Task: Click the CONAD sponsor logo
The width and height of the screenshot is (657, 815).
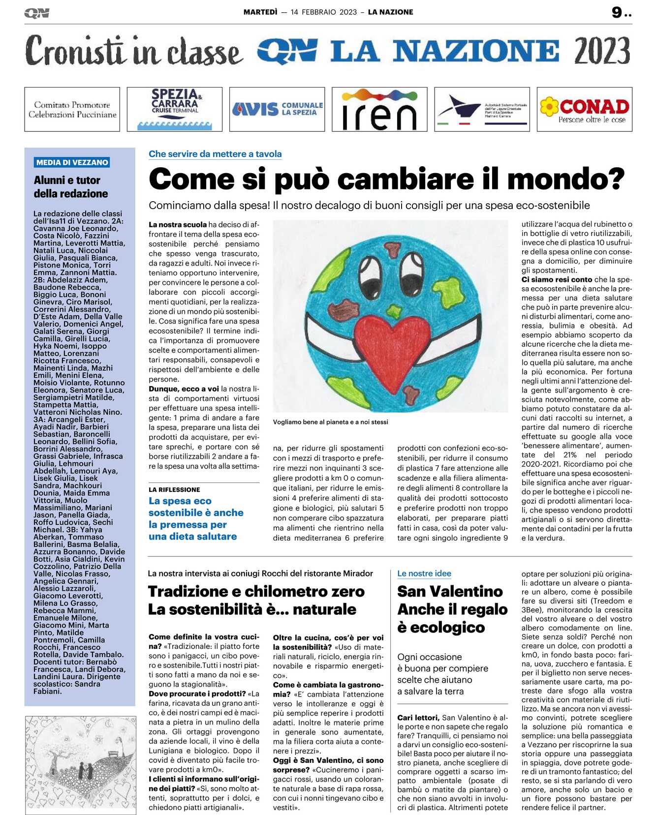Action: coord(584,109)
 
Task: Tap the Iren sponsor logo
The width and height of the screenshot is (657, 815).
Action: coord(379,109)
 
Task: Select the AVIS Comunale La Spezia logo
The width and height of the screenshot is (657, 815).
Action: coord(277,109)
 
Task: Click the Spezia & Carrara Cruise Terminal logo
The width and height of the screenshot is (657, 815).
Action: coord(175,109)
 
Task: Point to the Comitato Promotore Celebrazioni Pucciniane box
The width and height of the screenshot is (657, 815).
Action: coord(72,109)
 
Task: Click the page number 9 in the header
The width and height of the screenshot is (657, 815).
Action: coord(617,12)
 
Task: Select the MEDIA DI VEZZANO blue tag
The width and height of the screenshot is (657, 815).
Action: coord(72,162)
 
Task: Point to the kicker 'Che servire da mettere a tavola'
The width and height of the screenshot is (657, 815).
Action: coord(215,154)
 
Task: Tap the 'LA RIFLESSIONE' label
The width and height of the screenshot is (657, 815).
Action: coord(174,490)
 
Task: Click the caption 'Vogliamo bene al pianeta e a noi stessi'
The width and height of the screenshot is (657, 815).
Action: coord(330,422)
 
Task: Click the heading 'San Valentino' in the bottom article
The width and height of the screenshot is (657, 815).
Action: coord(450,591)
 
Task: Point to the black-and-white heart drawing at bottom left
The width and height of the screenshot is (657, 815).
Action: coord(80,765)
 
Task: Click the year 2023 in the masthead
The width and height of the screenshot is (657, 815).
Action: coord(601,51)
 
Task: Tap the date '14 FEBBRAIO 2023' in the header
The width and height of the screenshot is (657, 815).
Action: coord(323,12)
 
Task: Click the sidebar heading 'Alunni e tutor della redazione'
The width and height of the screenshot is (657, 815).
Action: coord(70,187)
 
